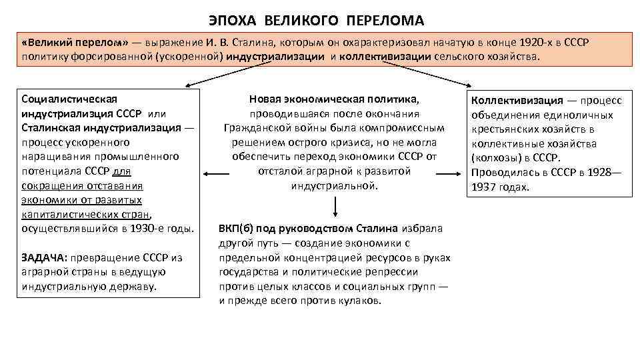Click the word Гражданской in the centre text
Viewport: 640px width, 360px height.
tap(256, 127)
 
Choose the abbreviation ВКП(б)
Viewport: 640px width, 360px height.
tap(236, 229)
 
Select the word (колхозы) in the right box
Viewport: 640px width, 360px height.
tap(495, 158)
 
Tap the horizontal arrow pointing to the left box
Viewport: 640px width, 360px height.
tap(213, 173)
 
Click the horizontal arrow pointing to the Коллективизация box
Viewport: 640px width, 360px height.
tap(451, 173)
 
